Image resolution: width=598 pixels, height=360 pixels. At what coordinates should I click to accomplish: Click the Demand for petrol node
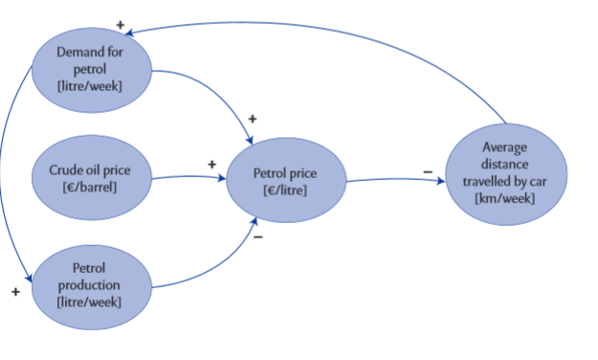pyautogui.click(x=92, y=67)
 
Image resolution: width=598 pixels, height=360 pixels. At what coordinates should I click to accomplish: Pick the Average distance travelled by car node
pyautogui.click(x=505, y=172)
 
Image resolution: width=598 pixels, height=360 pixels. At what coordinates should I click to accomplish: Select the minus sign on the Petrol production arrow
pyautogui.click(x=258, y=236)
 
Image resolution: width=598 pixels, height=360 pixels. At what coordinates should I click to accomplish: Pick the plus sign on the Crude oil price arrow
pyautogui.click(x=212, y=164)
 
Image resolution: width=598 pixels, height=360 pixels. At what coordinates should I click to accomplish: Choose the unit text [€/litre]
pyautogui.click(x=284, y=191)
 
